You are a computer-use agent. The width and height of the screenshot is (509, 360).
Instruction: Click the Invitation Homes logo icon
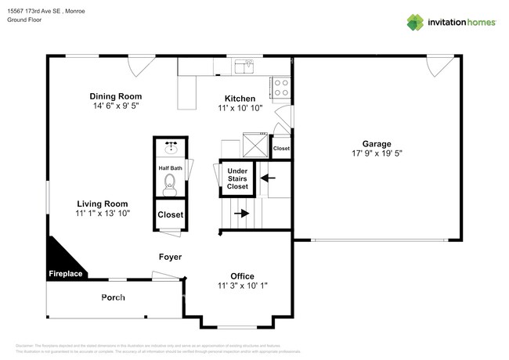point(415,22)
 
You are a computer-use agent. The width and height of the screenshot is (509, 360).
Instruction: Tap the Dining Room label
point(115,96)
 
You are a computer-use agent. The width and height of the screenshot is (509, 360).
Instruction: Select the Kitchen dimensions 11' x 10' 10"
point(240,110)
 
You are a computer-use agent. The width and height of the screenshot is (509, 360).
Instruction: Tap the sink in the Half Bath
point(170,147)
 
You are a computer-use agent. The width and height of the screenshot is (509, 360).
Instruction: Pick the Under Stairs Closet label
point(237,178)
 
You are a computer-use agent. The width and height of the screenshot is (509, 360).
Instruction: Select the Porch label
point(113,297)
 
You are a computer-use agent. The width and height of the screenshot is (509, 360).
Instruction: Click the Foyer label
point(170,257)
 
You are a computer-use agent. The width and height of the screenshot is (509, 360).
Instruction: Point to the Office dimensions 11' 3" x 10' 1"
point(241,286)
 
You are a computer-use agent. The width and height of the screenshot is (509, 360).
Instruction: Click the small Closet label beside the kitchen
point(281,148)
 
